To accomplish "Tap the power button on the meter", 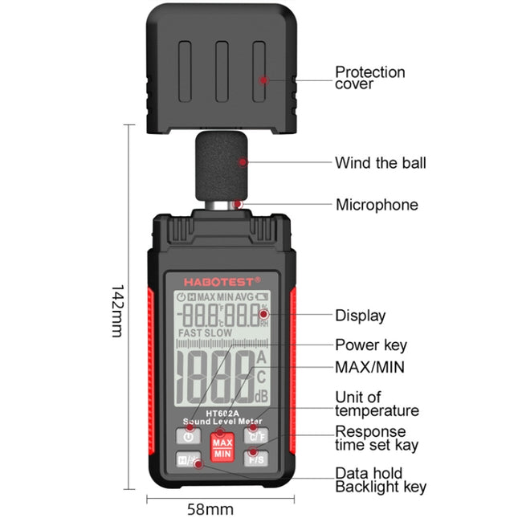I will (188, 437).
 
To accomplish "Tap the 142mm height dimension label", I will (117, 309).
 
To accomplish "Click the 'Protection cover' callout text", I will (369, 78).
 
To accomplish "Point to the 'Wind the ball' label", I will (380, 163).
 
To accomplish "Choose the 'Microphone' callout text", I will (376, 205).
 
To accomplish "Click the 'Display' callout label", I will (360, 316).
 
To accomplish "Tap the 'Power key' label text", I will (370, 345).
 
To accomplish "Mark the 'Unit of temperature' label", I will (377, 404).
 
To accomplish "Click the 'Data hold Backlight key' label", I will (380, 480).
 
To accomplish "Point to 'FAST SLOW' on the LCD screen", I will (206, 332).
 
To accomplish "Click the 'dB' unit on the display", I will (261, 396).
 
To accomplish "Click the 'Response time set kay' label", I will (377, 438).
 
